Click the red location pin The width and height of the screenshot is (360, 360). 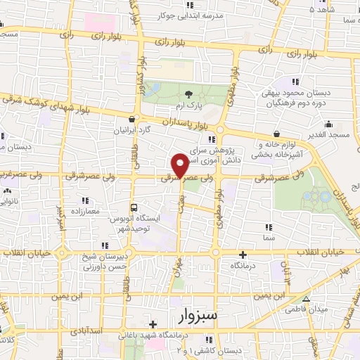180,165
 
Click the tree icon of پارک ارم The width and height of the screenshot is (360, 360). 188,94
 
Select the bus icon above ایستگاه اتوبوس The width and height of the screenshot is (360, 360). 134,207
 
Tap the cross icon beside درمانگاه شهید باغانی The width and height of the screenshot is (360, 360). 153,324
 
